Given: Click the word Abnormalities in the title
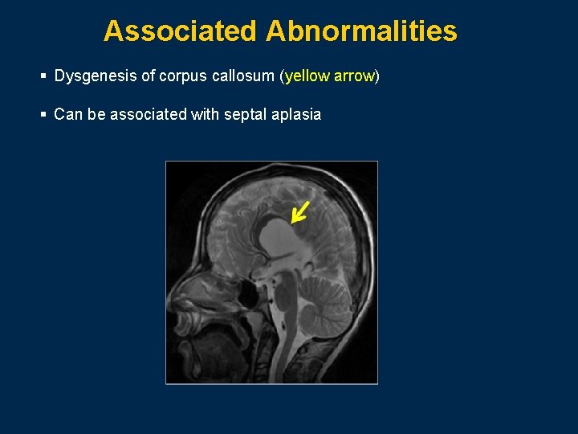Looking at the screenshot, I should point(361,31).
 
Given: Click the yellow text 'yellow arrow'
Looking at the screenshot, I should point(329,76).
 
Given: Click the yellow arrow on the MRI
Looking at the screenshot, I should point(299,211).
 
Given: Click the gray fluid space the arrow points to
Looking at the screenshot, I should point(277,237).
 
